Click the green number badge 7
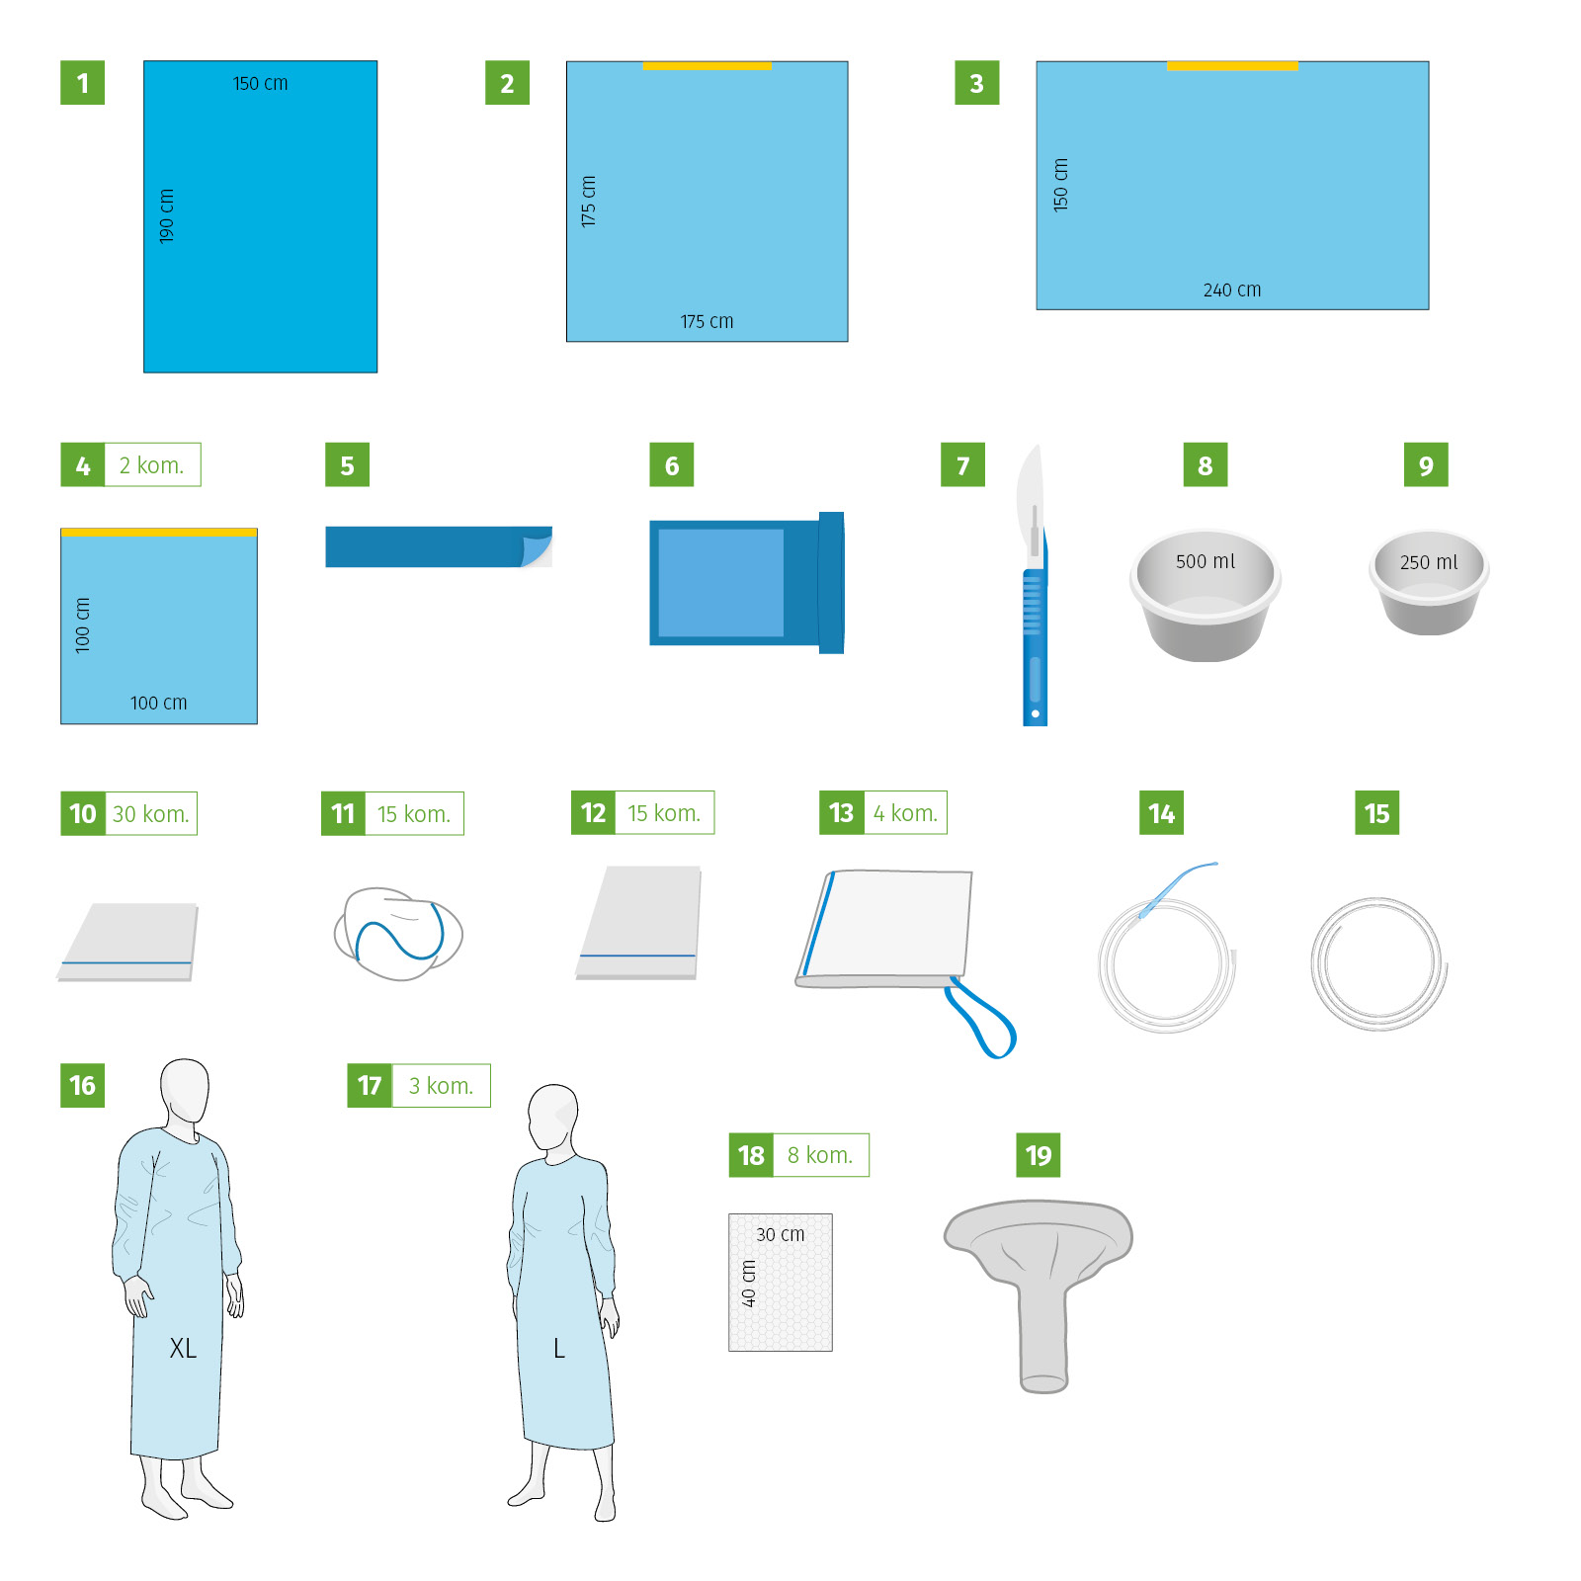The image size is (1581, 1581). coord(962,465)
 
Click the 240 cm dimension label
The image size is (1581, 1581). coord(1232,290)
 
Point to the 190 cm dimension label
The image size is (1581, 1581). coord(167,215)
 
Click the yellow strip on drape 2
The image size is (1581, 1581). coord(707,66)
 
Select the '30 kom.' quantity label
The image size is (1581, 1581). coord(151,814)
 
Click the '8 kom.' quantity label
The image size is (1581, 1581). coord(820,1155)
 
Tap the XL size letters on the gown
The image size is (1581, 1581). coord(183,1348)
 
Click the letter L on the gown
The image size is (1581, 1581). coord(559,1349)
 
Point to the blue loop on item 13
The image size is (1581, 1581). coord(980,1020)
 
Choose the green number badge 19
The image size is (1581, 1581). coord(1039,1155)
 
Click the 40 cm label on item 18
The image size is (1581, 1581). coord(749,1284)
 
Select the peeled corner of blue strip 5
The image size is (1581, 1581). coord(537,546)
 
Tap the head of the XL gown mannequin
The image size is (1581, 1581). coord(185,1091)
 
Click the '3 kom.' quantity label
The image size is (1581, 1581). coord(442,1086)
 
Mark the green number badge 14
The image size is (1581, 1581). coord(1161,813)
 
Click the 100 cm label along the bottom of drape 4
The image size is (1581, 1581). coord(159,703)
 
